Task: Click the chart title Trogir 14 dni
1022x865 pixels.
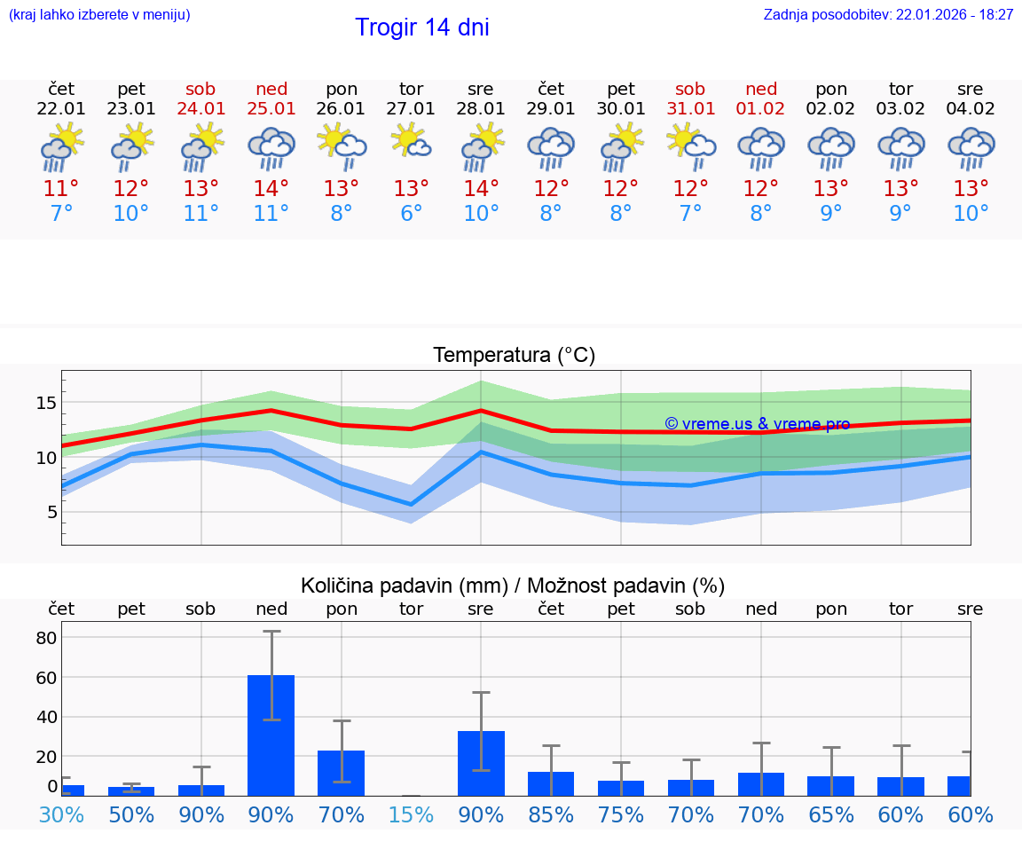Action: pos(422,28)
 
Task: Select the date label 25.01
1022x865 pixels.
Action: pos(271,109)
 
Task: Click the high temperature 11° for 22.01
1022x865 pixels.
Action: pos(61,189)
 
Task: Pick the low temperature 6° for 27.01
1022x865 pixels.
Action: pos(412,214)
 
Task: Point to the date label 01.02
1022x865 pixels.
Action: pos(761,109)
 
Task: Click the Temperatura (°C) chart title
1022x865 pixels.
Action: pos(514,356)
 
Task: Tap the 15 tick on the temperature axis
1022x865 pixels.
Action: pos(46,403)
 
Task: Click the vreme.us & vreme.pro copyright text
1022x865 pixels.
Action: pos(757,424)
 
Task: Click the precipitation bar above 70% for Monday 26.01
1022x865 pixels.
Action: pos(342,773)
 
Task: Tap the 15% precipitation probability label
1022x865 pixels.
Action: pos(412,815)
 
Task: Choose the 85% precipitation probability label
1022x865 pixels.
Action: pos(551,815)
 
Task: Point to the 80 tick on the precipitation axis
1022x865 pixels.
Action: pos(46,638)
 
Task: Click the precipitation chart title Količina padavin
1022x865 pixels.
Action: pos(513,586)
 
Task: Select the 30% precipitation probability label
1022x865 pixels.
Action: pos(61,815)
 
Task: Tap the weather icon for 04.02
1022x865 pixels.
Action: pos(971,147)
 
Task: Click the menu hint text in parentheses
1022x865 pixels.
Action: pos(99,15)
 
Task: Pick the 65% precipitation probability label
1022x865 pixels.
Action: pos(831,815)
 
